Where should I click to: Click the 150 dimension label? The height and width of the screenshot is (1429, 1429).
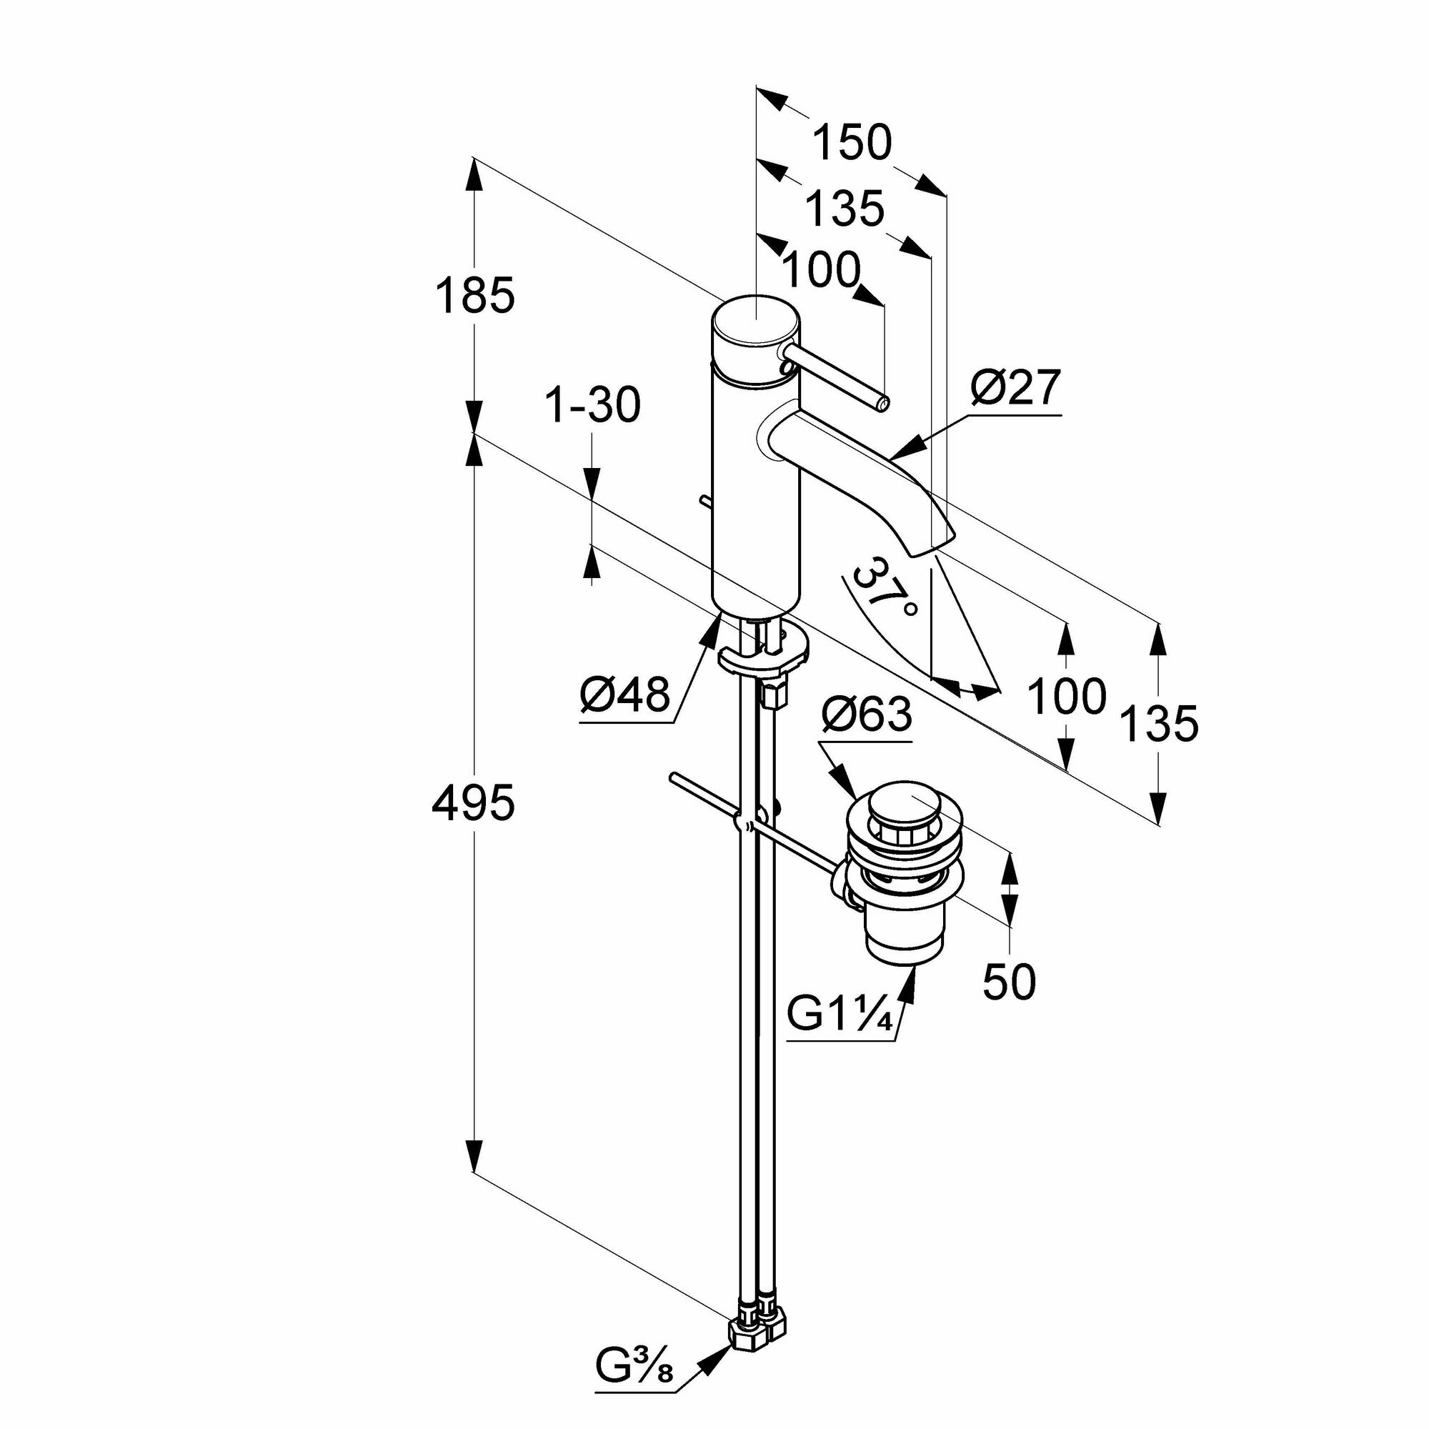pyautogui.click(x=853, y=143)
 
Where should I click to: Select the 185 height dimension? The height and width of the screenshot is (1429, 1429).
pyautogui.click(x=474, y=295)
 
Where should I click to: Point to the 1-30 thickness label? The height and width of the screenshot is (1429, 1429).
pyautogui.click(x=592, y=406)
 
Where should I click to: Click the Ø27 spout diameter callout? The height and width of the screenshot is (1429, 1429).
pyautogui.click(x=1016, y=387)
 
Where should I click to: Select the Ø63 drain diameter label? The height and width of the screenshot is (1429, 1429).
pyautogui.click(x=866, y=714)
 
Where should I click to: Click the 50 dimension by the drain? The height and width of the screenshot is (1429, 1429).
pyautogui.click(x=1010, y=982)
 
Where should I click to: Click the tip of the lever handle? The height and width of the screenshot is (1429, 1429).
pyautogui.click(x=882, y=403)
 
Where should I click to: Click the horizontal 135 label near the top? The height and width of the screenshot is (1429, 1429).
pyautogui.click(x=844, y=209)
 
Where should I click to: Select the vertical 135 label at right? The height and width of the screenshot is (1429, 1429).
pyautogui.click(x=1158, y=722)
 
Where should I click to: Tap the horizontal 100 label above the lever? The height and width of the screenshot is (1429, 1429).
pyautogui.click(x=821, y=269)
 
